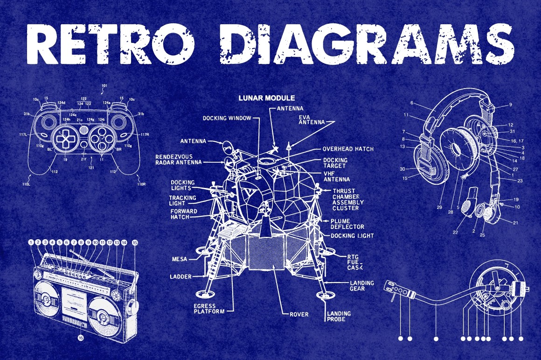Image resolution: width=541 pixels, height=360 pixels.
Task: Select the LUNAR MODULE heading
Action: (266, 98)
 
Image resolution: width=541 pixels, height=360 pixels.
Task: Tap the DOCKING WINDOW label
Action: (227, 118)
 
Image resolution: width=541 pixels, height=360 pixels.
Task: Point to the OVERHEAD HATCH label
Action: (348, 149)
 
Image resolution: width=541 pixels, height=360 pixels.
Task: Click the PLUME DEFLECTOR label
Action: (347, 224)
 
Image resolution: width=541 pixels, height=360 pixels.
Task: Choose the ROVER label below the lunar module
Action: (298, 314)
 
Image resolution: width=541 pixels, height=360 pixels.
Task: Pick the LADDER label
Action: (180, 277)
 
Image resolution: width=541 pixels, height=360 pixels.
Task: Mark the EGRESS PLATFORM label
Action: (209, 308)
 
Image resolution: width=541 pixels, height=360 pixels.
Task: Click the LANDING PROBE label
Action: (339, 317)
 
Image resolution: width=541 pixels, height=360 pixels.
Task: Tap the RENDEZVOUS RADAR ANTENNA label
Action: (179, 159)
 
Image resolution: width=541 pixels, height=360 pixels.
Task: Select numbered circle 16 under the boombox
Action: (81, 338)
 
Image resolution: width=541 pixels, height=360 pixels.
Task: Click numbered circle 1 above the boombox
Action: (31, 242)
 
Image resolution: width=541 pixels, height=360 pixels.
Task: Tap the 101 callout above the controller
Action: (104, 86)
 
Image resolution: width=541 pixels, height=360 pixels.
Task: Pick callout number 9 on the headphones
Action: (510, 104)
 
